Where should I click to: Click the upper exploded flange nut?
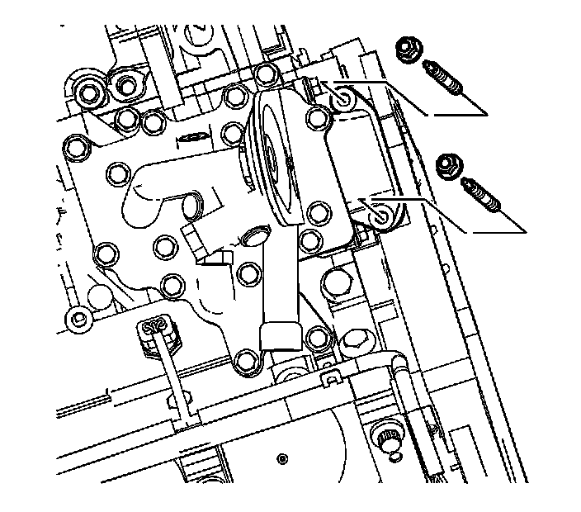click(x=406, y=50)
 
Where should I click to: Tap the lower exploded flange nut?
click(x=449, y=168)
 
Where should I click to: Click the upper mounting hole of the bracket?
click(x=342, y=101)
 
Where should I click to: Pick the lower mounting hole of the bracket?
click(x=382, y=216)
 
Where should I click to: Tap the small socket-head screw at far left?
click(x=78, y=318)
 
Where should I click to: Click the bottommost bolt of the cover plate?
click(x=244, y=359)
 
